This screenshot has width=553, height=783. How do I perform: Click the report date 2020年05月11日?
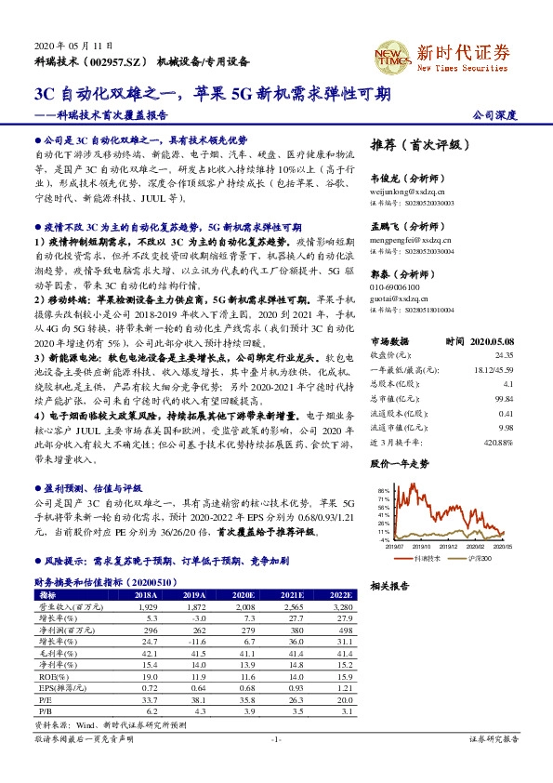click(x=73, y=46)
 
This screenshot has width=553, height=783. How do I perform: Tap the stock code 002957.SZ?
click(x=120, y=61)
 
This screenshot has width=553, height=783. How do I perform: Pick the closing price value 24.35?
click(x=503, y=355)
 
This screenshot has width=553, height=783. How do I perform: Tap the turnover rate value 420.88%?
click(x=498, y=442)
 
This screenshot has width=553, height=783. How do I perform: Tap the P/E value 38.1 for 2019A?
click(x=195, y=698)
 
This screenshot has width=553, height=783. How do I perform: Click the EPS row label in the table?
click(x=56, y=688)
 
